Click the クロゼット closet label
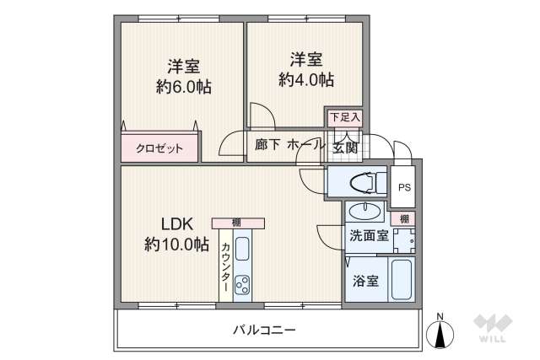tap(159, 148)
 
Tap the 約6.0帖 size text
tap(183, 86)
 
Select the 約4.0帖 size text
tap(306, 80)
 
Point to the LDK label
tap(178, 224)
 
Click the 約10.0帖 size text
tap(177, 245)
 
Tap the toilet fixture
tap(359, 180)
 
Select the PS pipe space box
tap(404, 187)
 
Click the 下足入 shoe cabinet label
tap(344, 117)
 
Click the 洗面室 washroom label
tap(369, 235)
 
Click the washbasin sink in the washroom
tap(369, 210)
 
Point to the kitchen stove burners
tap(243, 285)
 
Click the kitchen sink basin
tap(242, 250)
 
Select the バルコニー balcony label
tap(264, 329)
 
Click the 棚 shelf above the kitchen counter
tap(238, 223)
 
